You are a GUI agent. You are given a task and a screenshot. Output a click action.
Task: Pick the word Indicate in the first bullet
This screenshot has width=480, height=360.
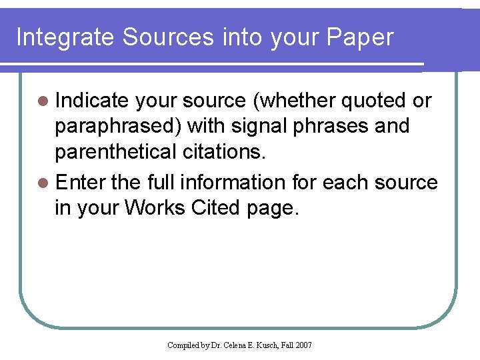92,101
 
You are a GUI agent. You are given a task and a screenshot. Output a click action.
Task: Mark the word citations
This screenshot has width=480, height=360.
223,152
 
